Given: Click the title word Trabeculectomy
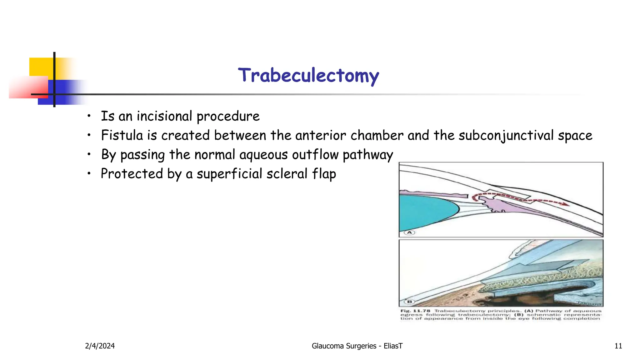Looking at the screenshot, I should (x=308, y=75).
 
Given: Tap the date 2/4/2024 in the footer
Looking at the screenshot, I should (x=100, y=346).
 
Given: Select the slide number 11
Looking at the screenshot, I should (x=618, y=346).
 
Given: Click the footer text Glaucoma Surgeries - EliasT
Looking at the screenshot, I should (x=357, y=346).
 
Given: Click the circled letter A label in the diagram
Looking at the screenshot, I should (x=409, y=232).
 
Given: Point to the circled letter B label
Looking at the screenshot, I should (x=409, y=302).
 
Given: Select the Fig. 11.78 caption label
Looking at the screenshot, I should (x=415, y=311).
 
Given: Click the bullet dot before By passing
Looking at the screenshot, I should (x=89, y=154).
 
